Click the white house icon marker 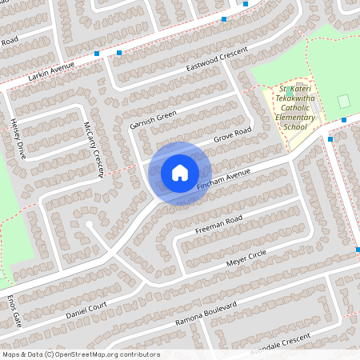click(x=179, y=173)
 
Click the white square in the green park click(x=344, y=102)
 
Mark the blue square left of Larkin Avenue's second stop click(x=97, y=54)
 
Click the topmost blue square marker click(x=246, y=4)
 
